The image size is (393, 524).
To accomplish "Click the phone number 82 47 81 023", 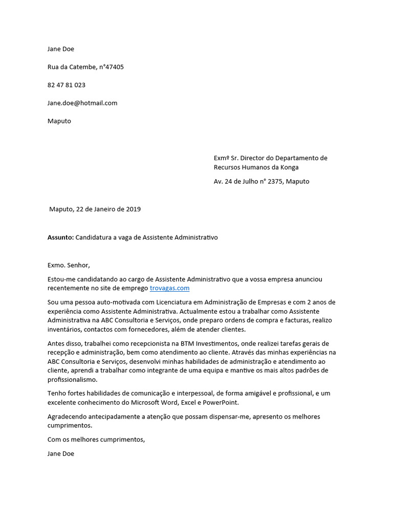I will [x=67, y=85].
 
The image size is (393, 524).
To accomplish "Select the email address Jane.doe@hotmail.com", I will [x=82, y=103].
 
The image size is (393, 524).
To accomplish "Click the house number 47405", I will [x=114, y=67].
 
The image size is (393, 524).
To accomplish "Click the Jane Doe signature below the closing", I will [x=61, y=453].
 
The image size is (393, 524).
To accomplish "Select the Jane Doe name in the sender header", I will [x=61, y=49].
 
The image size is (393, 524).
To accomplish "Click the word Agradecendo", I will [x=68, y=417].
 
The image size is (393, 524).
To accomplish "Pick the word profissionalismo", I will [x=72, y=380].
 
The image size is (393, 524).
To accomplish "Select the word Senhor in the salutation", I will [x=78, y=265].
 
